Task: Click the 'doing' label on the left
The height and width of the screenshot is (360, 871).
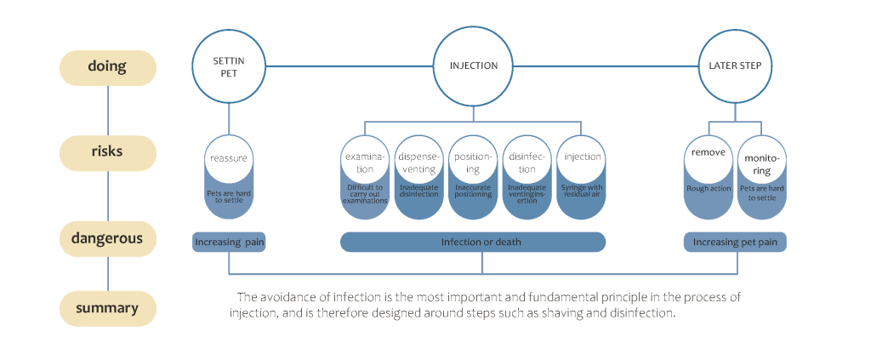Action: tap(107, 67)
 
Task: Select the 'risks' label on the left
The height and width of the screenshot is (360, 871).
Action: tap(107, 151)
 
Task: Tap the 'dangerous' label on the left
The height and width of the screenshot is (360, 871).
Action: tap(107, 239)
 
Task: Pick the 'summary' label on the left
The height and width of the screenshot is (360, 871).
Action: tap(107, 308)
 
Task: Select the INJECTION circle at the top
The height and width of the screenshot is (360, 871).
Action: tap(474, 66)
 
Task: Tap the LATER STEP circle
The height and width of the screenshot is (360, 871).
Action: tap(735, 66)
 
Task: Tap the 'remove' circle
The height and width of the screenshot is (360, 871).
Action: tap(708, 158)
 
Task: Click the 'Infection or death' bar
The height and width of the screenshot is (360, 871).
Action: tap(473, 243)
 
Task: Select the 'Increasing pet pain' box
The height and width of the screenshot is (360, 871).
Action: tap(735, 243)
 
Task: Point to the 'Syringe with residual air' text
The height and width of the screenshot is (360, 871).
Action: tap(583, 191)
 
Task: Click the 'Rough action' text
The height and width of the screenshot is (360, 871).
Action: tap(708, 188)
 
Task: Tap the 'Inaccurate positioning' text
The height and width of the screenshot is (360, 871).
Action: tap(474, 191)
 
